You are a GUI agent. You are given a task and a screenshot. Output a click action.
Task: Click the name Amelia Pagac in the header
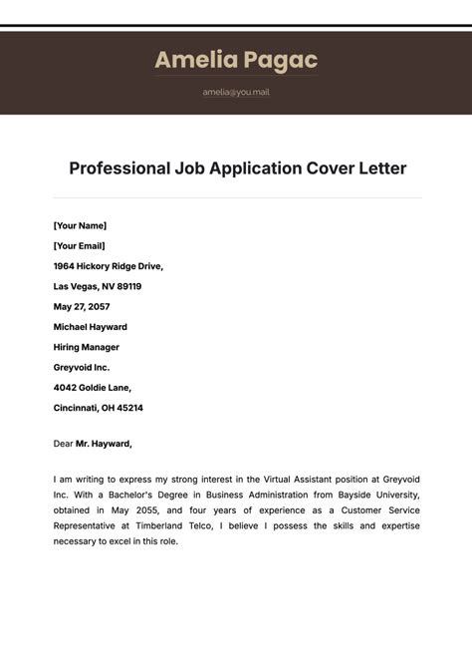click(x=236, y=61)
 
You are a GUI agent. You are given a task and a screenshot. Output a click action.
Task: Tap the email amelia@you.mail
click(x=236, y=92)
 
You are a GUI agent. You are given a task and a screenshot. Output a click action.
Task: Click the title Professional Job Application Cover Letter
click(x=237, y=168)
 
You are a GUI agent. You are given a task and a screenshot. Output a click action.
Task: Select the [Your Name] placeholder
click(x=80, y=225)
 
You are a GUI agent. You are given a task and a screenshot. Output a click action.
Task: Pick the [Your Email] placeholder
click(x=79, y=245)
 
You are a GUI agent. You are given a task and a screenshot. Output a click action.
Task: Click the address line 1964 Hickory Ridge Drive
click(x=108, y=266)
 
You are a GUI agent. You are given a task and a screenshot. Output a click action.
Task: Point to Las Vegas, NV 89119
click(x=98, y=286)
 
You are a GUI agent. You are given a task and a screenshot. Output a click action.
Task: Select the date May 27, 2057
click(x=82, y=306)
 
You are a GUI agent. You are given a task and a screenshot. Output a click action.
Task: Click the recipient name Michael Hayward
click(x=90, y=327)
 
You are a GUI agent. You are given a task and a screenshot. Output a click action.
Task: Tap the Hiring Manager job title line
click(x=86, y=347)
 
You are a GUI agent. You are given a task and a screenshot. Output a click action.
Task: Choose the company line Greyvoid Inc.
click(x=82, y=367)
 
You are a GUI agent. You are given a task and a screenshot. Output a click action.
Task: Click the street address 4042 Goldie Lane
click(x=92, y=388)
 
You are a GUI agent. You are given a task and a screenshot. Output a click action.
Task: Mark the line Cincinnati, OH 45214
click(x=98, y=408)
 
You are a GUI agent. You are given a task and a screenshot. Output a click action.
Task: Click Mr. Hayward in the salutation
click(x=103, y=444)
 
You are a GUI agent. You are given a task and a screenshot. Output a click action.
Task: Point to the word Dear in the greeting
click(x=63, y=444)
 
